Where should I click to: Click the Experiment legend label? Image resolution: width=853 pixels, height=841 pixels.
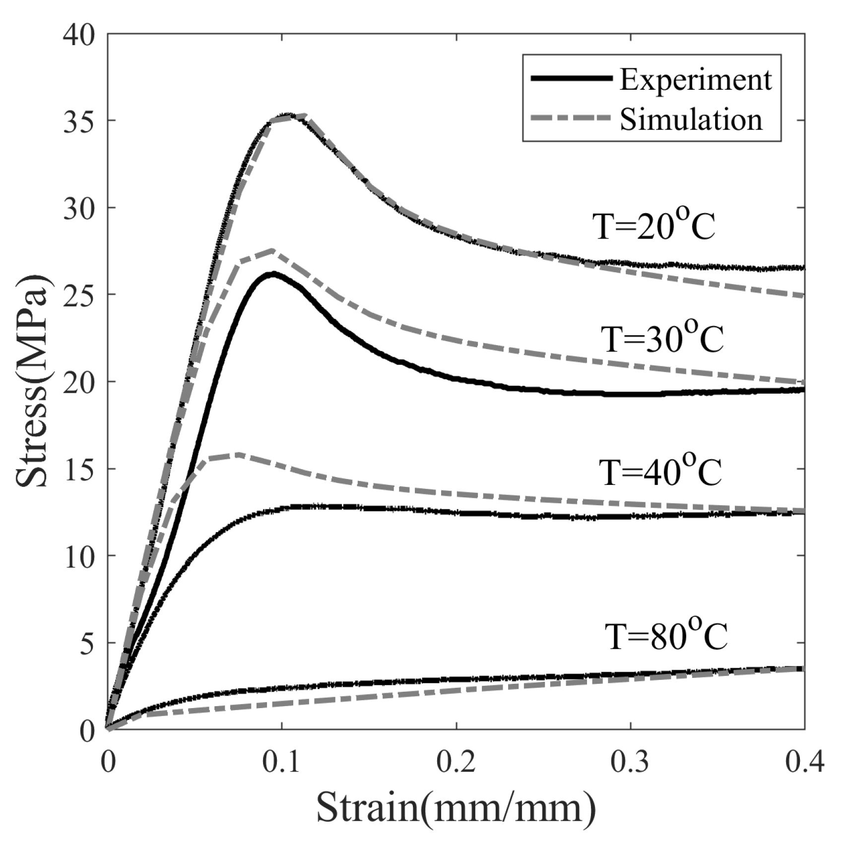(x=695, y=80)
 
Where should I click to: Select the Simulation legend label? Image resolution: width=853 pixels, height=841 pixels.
(x=690, y=120)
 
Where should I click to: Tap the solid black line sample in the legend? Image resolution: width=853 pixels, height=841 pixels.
(x=570, y=78)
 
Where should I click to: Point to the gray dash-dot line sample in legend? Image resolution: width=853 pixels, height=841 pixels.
(x=570, y=118)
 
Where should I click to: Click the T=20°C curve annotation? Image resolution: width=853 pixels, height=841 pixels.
(x=655, y=226)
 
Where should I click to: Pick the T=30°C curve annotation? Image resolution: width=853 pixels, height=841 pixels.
(x=662, y=339)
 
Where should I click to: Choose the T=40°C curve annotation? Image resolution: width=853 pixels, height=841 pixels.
(x=660, y=472)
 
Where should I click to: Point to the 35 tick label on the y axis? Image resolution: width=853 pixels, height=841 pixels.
(x=79, y=120)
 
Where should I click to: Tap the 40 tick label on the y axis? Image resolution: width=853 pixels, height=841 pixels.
(x=79, y=36)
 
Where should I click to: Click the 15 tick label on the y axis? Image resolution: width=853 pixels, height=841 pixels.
(x=79, y=469)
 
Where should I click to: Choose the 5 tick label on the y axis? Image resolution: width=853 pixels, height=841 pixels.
(x=87, y=643)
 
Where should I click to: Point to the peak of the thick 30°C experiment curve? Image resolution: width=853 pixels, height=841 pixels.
(x=272, y=274)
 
